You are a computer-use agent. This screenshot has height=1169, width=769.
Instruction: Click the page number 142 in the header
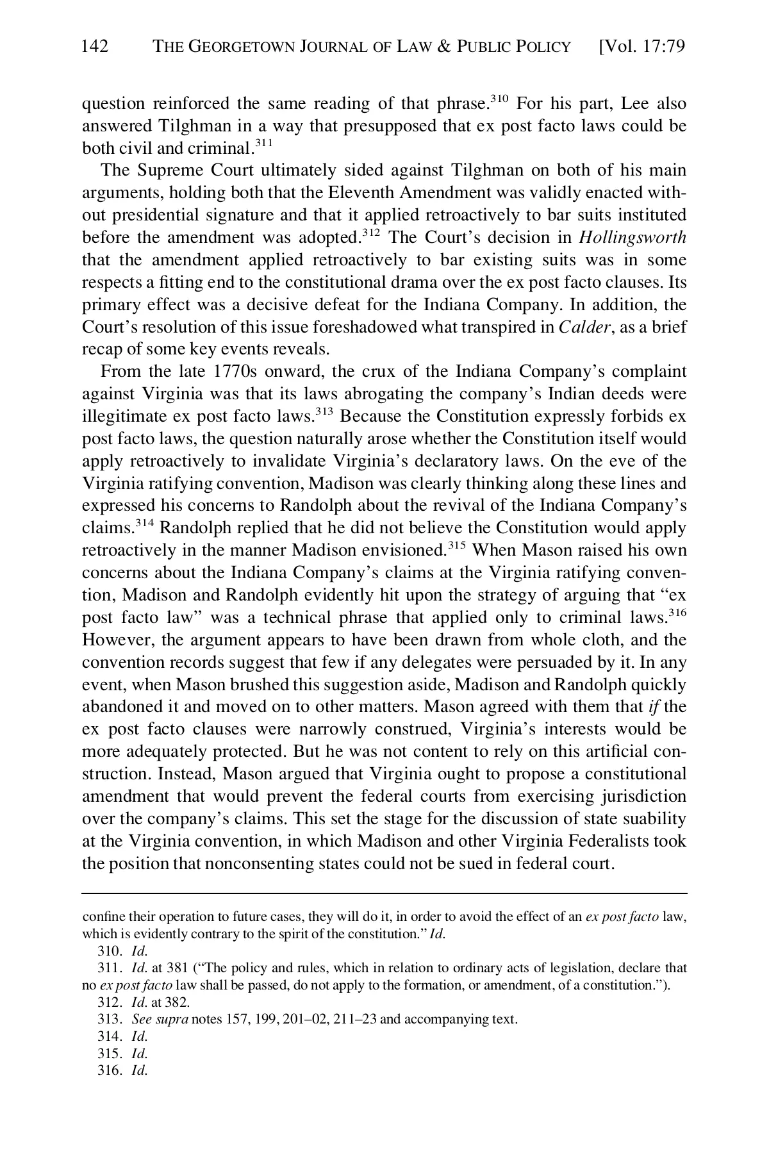point(95,46)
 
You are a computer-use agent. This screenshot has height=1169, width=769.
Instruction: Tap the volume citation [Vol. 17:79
point(641,46)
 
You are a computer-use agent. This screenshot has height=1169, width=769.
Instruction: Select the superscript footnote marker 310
point(499,98)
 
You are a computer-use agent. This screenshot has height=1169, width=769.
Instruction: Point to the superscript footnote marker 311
point(263,143)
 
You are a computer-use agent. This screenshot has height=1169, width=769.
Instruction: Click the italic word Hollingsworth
point(632,237)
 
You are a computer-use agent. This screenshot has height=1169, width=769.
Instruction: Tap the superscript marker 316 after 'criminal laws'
point(677,613)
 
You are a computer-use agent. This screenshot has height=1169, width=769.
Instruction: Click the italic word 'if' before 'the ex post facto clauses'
point(654,707)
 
